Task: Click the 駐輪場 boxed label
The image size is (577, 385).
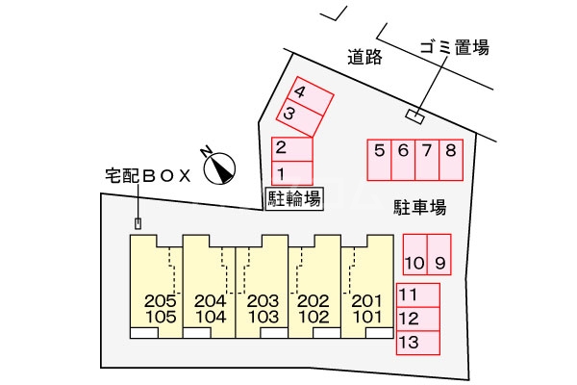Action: pyautogui.click(x=293, y=198)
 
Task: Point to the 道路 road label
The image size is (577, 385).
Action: pyautogui.click(x=365, y=58)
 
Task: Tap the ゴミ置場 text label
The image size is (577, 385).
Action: pyautogui.click(x=454, y=46)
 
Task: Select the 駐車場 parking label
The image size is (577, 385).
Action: pyautogui.click(x=419, y=207)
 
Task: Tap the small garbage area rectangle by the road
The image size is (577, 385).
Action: pyautogui.click(x=414, y=116)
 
